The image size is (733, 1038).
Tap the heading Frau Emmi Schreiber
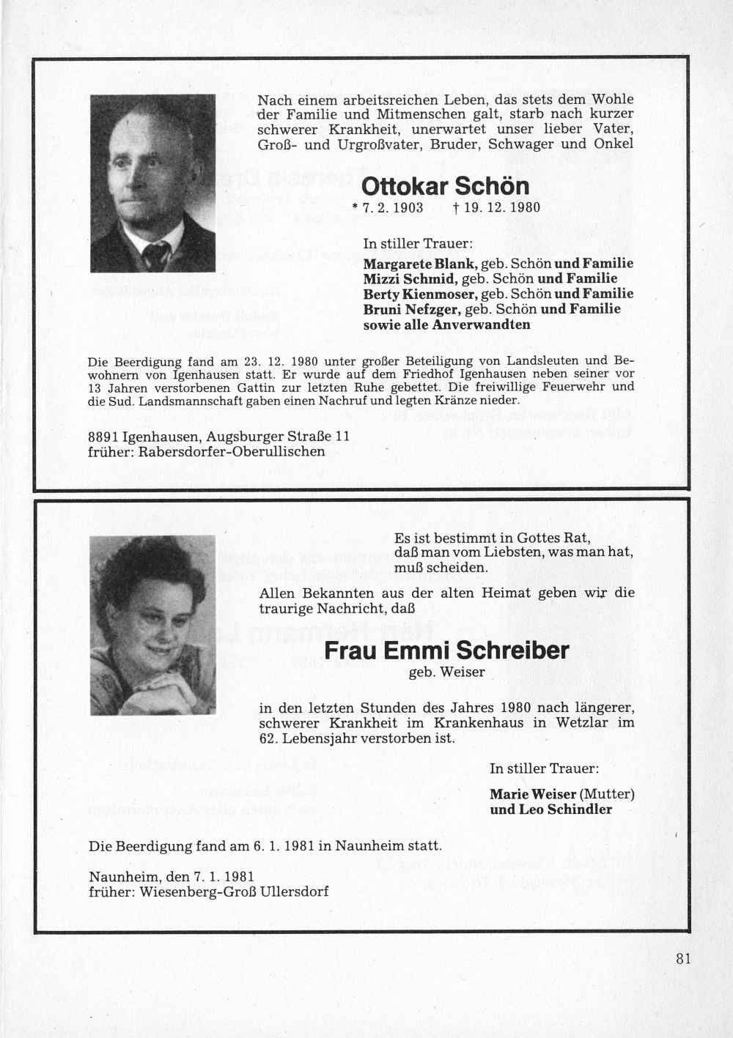point(446,650)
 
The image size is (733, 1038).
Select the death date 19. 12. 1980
point(497,207)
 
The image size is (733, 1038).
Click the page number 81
point(684,960)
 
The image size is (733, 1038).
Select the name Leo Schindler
point(565,809)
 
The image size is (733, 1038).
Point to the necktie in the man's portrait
point(155,255)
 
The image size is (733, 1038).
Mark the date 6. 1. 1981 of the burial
point(284,846)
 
